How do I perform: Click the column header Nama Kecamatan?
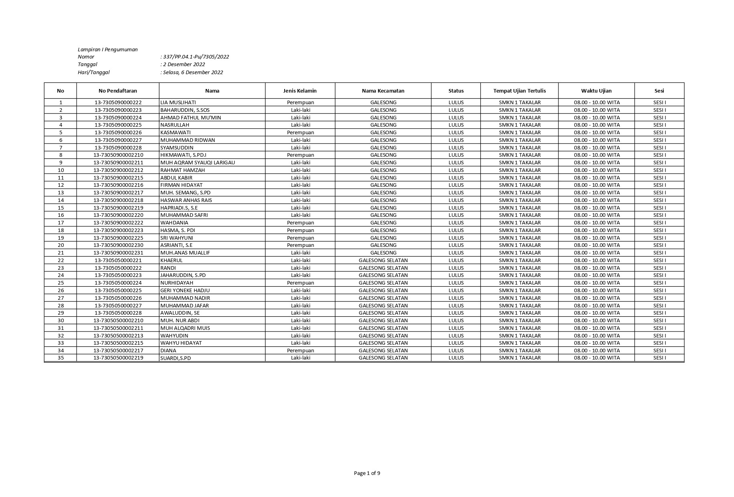click(383, 91)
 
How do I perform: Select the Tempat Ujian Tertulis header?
click(519, 91)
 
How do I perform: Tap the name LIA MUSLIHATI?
click(178, 103)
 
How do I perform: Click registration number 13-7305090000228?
click(118, 147)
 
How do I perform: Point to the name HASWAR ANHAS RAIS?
click(186, 200)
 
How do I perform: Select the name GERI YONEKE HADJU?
click(185, 290)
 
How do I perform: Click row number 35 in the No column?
click(61, 358)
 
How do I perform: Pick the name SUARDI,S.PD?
click(176, 358)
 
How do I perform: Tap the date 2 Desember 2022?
click(184, 65)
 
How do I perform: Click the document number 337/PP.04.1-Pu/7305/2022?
click(196, 57)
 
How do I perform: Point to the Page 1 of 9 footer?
click(367, 473)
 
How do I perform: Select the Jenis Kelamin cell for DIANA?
click(300, 350)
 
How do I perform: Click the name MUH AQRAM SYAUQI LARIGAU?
click(198, 163)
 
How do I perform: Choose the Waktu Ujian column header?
click(596, 91)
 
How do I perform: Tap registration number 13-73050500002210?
click(118, 320)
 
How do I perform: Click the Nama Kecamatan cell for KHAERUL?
click(383, 260)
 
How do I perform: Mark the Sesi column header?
click(659, 91)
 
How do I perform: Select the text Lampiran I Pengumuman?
click(107, 50)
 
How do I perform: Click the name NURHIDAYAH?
click(176, 283)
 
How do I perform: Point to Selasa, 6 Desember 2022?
click(192, 73)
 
